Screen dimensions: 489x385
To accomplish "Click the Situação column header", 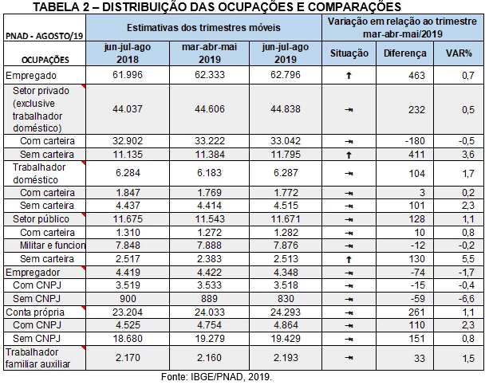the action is [349, 53].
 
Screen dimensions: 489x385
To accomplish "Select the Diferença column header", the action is [404, 53].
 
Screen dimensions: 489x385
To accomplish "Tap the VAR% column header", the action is [459, 53].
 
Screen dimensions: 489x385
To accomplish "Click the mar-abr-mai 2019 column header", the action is [209, 53].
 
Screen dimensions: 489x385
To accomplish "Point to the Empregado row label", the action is [31, 76].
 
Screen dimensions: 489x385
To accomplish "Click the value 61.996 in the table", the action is [128, 75].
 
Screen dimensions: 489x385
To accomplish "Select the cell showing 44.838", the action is [286, 108].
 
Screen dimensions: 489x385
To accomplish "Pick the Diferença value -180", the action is [415, 141].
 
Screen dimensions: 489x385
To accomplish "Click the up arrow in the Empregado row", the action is [349, 76].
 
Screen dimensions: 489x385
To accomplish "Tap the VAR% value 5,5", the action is [468, 259].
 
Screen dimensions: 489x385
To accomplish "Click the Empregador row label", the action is [33, 273].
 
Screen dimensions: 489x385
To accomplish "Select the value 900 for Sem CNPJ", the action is [128, 299].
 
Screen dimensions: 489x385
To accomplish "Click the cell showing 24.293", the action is [286, 312].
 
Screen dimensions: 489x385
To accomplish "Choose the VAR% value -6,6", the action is [467, 299].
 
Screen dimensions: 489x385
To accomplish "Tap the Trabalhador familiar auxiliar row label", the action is [37, 358].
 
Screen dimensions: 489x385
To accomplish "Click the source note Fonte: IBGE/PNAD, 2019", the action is [216, 377].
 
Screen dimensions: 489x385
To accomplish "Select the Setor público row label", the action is [41, 219].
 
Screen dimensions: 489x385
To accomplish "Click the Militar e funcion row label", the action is [53, 246].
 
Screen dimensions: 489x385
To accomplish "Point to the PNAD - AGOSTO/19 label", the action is [45, 36].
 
